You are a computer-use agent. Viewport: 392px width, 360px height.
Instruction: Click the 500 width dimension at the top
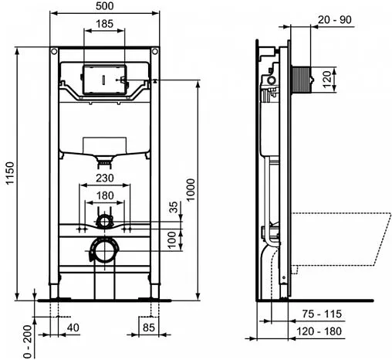[107, 6]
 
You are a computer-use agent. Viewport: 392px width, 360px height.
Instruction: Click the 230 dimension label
[106, 178]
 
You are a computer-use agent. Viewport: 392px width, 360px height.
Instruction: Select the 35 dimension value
[173, 208]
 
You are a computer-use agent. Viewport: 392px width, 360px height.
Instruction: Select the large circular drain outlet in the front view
[103, 250]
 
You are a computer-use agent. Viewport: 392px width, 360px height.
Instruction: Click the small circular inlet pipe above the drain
[103, 222]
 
